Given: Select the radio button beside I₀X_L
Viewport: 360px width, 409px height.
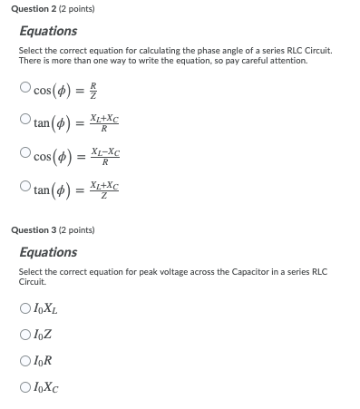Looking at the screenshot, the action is coord(24,310).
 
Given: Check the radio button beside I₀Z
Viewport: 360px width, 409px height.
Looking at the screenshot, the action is coord(24,335).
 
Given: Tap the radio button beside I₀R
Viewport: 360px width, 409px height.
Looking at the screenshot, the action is coord(24,359).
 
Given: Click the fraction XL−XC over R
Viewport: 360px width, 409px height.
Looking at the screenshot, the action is coord(105,155).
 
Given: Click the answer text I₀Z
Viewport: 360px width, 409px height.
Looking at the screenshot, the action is coord(42,335).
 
